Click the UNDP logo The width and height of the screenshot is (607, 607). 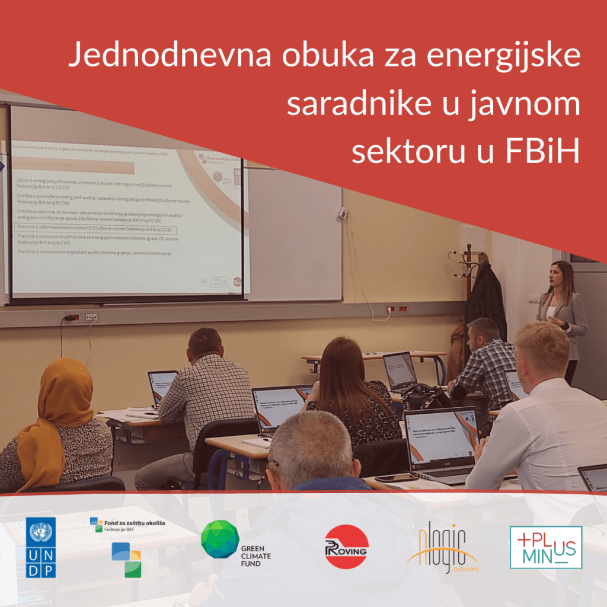(41, 547)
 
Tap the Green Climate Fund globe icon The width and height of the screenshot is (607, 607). (220, 539)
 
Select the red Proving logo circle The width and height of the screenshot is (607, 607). (346, 547)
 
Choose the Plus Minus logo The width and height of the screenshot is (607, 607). (546, 547)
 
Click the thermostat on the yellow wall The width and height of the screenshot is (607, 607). (343, 213)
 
